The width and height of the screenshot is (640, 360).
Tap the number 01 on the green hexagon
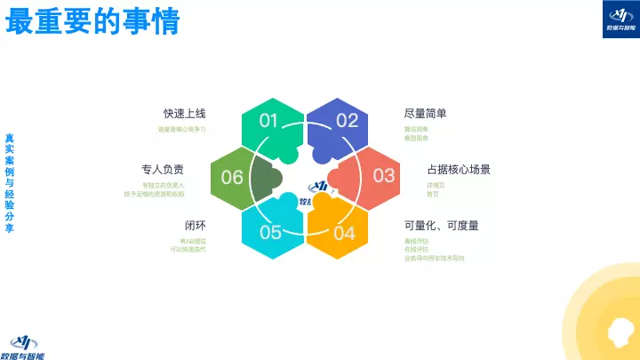269,120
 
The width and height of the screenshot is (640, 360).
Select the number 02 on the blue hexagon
347,120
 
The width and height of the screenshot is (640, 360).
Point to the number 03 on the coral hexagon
383,174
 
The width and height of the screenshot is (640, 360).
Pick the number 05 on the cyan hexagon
270,233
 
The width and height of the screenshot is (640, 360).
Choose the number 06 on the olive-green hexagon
232,177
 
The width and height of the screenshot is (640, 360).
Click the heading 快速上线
184,114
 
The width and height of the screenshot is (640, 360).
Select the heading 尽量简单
425,114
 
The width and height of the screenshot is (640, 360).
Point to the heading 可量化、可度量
442,226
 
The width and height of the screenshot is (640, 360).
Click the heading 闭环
195,225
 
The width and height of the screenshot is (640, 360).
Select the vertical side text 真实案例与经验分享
9,183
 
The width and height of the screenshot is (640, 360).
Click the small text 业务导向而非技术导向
435,258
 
